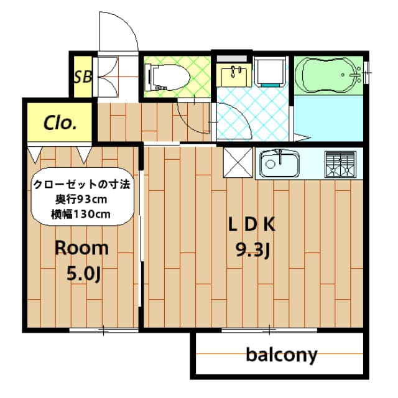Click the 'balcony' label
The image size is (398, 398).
(x=281, y=355)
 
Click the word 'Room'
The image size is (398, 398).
(x=81, y=248)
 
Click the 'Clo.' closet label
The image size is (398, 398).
(x=60, y=122)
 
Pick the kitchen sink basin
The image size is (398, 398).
(x=280, y=165)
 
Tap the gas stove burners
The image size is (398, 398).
(x=340, y=164)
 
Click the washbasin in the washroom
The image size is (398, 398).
(x=236, y=75)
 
